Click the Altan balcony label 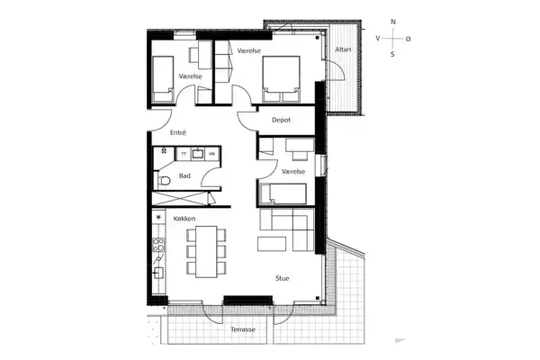(x=343, y=49)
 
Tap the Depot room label (x=281, y=120)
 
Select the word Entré (x=178, y=132)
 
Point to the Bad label (x=184, y=175)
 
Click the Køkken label (x=184, y=219)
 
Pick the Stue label (x=282, y=278)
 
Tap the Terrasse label (x=243, y=329)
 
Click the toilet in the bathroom (x=164, y=180)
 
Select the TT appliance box (x=184, y=154)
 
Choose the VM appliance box (x=212, y=154)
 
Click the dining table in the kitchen (x=206, y=251)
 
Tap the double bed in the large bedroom (x=281, y=79)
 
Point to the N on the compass (x=393, y=22)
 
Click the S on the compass (x=392, y=54)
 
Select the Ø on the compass (x=408, y=39)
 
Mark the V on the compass (x=378, y=38)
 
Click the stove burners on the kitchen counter (x=158, y=244)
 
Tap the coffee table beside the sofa (x=272, y=244)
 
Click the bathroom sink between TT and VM (x=198, y=153)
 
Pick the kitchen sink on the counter (x=158, y=273)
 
